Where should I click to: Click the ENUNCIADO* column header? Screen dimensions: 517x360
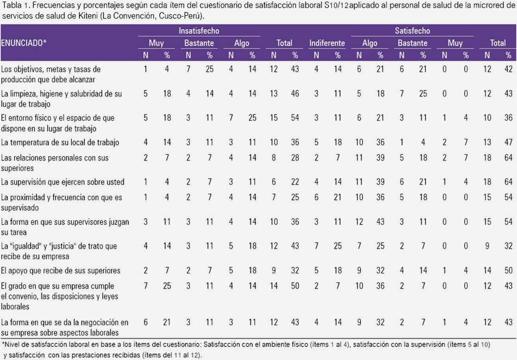pyautogui.click(x=24, y=43)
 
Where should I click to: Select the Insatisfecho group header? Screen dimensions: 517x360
pyautogui.click(x=199, y=30)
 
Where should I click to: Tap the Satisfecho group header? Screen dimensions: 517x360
pyautogui.click(x=412, y=30)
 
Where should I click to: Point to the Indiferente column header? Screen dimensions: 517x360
pyautogui.click(x=327, y=43)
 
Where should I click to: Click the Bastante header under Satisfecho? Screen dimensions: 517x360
pyautogui.click(x=412, y=43)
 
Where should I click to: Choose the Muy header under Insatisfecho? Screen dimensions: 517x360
pyautogui.click(x=156, y=43)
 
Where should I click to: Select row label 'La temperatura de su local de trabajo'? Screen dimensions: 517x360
pyautogui.click(x=60, y=143)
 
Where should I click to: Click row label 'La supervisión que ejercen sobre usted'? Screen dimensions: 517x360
pyautogui.click(x=63, y=182)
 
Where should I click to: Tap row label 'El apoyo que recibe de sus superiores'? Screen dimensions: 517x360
pyautogui.click(x=60, y=271)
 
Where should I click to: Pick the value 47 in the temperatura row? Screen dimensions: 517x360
pyautogui.click(x=508, y=143)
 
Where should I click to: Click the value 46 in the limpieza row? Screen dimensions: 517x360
pyautogui.click(x=295, y=94)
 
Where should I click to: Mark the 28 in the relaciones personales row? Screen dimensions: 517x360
pyautogui.click(x=295, y=158)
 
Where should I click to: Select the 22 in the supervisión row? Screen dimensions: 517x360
pyautogui.click(x=295, y=182)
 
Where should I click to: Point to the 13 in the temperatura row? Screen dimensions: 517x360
pyautogui.click(x=487, y=143)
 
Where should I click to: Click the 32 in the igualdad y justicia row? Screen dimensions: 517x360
pyautogui.click(x=508, y=246)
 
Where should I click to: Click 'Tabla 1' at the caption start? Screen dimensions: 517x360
pyautogui.click(x=15, y=5)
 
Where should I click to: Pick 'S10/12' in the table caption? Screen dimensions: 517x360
pyautogui.click(x=336, y=5)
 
